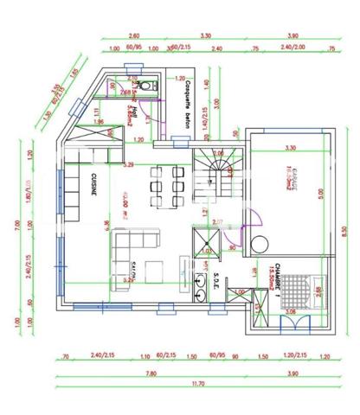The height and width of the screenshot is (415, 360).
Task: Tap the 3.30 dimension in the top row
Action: pyautogui.click(x=205, y=36)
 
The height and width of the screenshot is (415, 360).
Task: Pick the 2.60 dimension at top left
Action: pyautogui.click(x=133, y=36)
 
